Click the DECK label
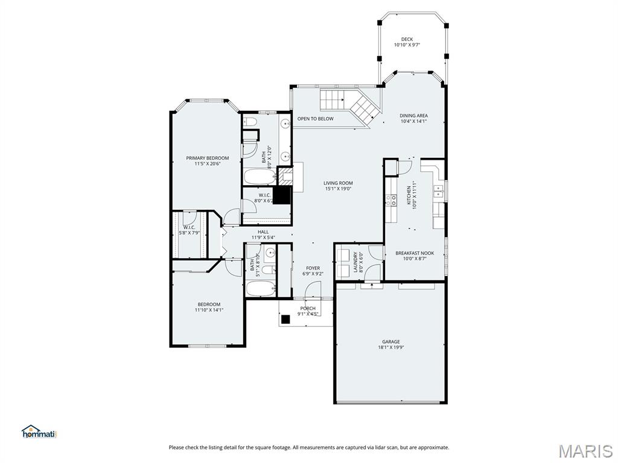pyautogui.click(x=407, y=39)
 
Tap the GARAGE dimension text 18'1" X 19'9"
pyautogui.click(x=390, y=347)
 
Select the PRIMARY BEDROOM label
pyautogui.click(x=207, y=158)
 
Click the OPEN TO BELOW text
pyautogui.click(x=315, y=119)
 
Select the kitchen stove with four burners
pyautogui.click(x=391, y=200)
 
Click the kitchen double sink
pyautogui.click(x=439, y=192)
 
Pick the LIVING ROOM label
pyautogui.click(x=338, y=183)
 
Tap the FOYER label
pyautogui.click(x=313, y=268)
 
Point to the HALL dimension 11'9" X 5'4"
pyautogui.click(x=263, y=238)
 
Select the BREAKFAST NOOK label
pyautogui.click(x=414, y=253)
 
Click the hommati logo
pyautogui.click(x=39, y=432)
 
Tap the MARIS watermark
pyautogui.click(x=585, y=450)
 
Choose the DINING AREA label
pyautogui.click(x=413, y=116)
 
